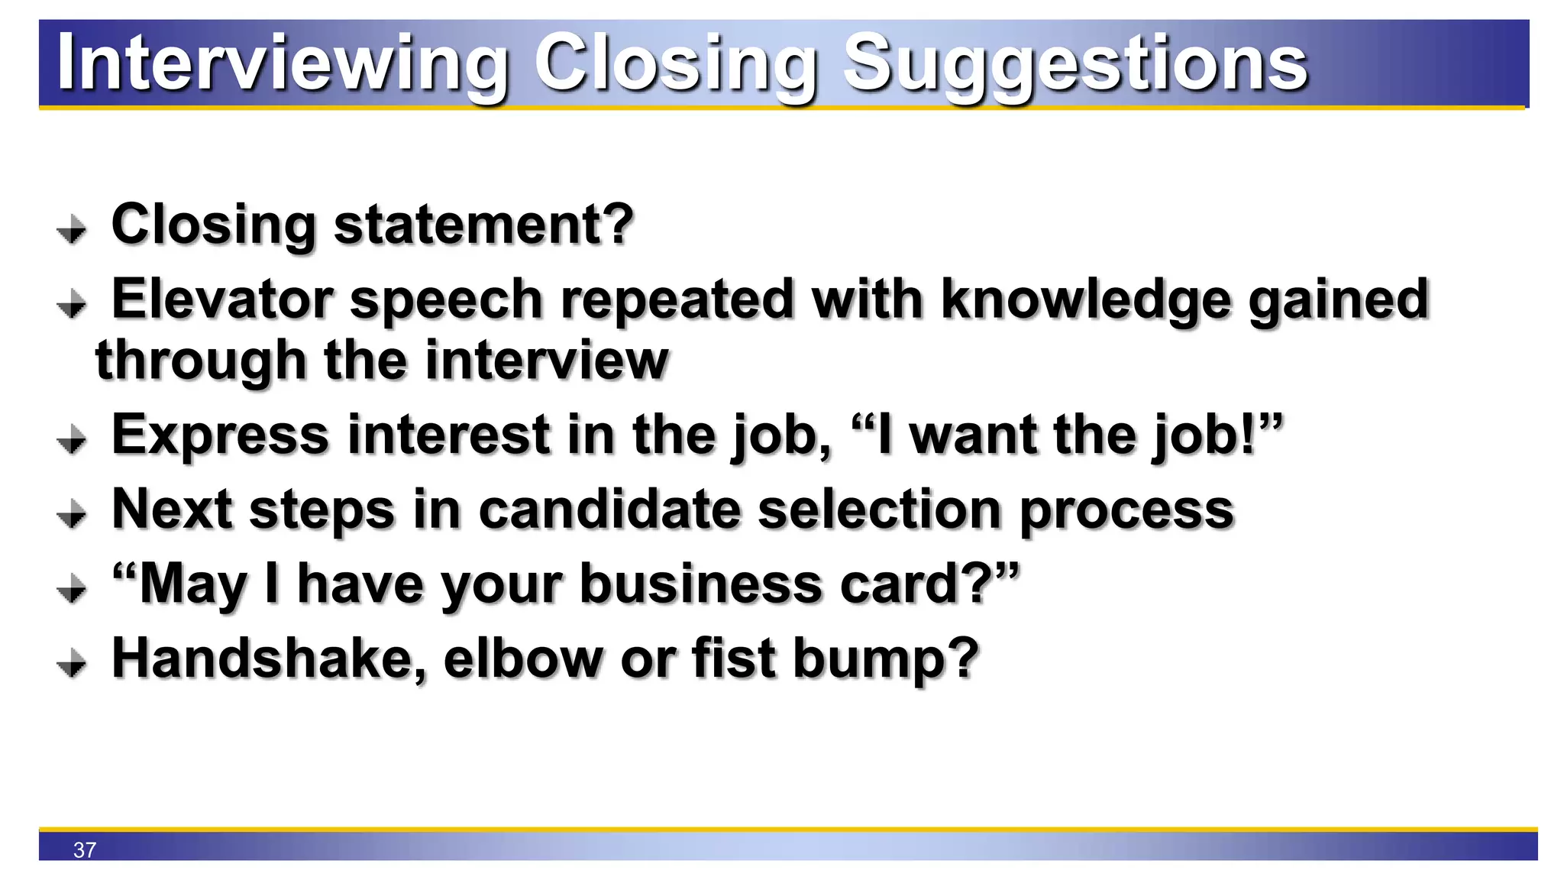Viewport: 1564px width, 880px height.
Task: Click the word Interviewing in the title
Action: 283,63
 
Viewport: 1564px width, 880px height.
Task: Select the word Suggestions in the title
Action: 1075,64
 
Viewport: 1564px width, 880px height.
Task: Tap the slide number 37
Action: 85,849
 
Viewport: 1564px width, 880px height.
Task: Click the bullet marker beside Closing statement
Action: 72,229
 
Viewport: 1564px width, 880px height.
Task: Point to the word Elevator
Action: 222,299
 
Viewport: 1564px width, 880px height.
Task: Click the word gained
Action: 1338,300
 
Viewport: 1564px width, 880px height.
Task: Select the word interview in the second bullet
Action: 547,360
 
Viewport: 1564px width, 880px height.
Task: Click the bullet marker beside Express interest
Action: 72,440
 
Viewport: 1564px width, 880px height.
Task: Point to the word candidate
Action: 609,510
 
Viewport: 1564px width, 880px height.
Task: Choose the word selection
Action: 878,510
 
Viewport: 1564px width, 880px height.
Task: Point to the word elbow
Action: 522,658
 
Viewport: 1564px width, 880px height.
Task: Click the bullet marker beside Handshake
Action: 72,663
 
